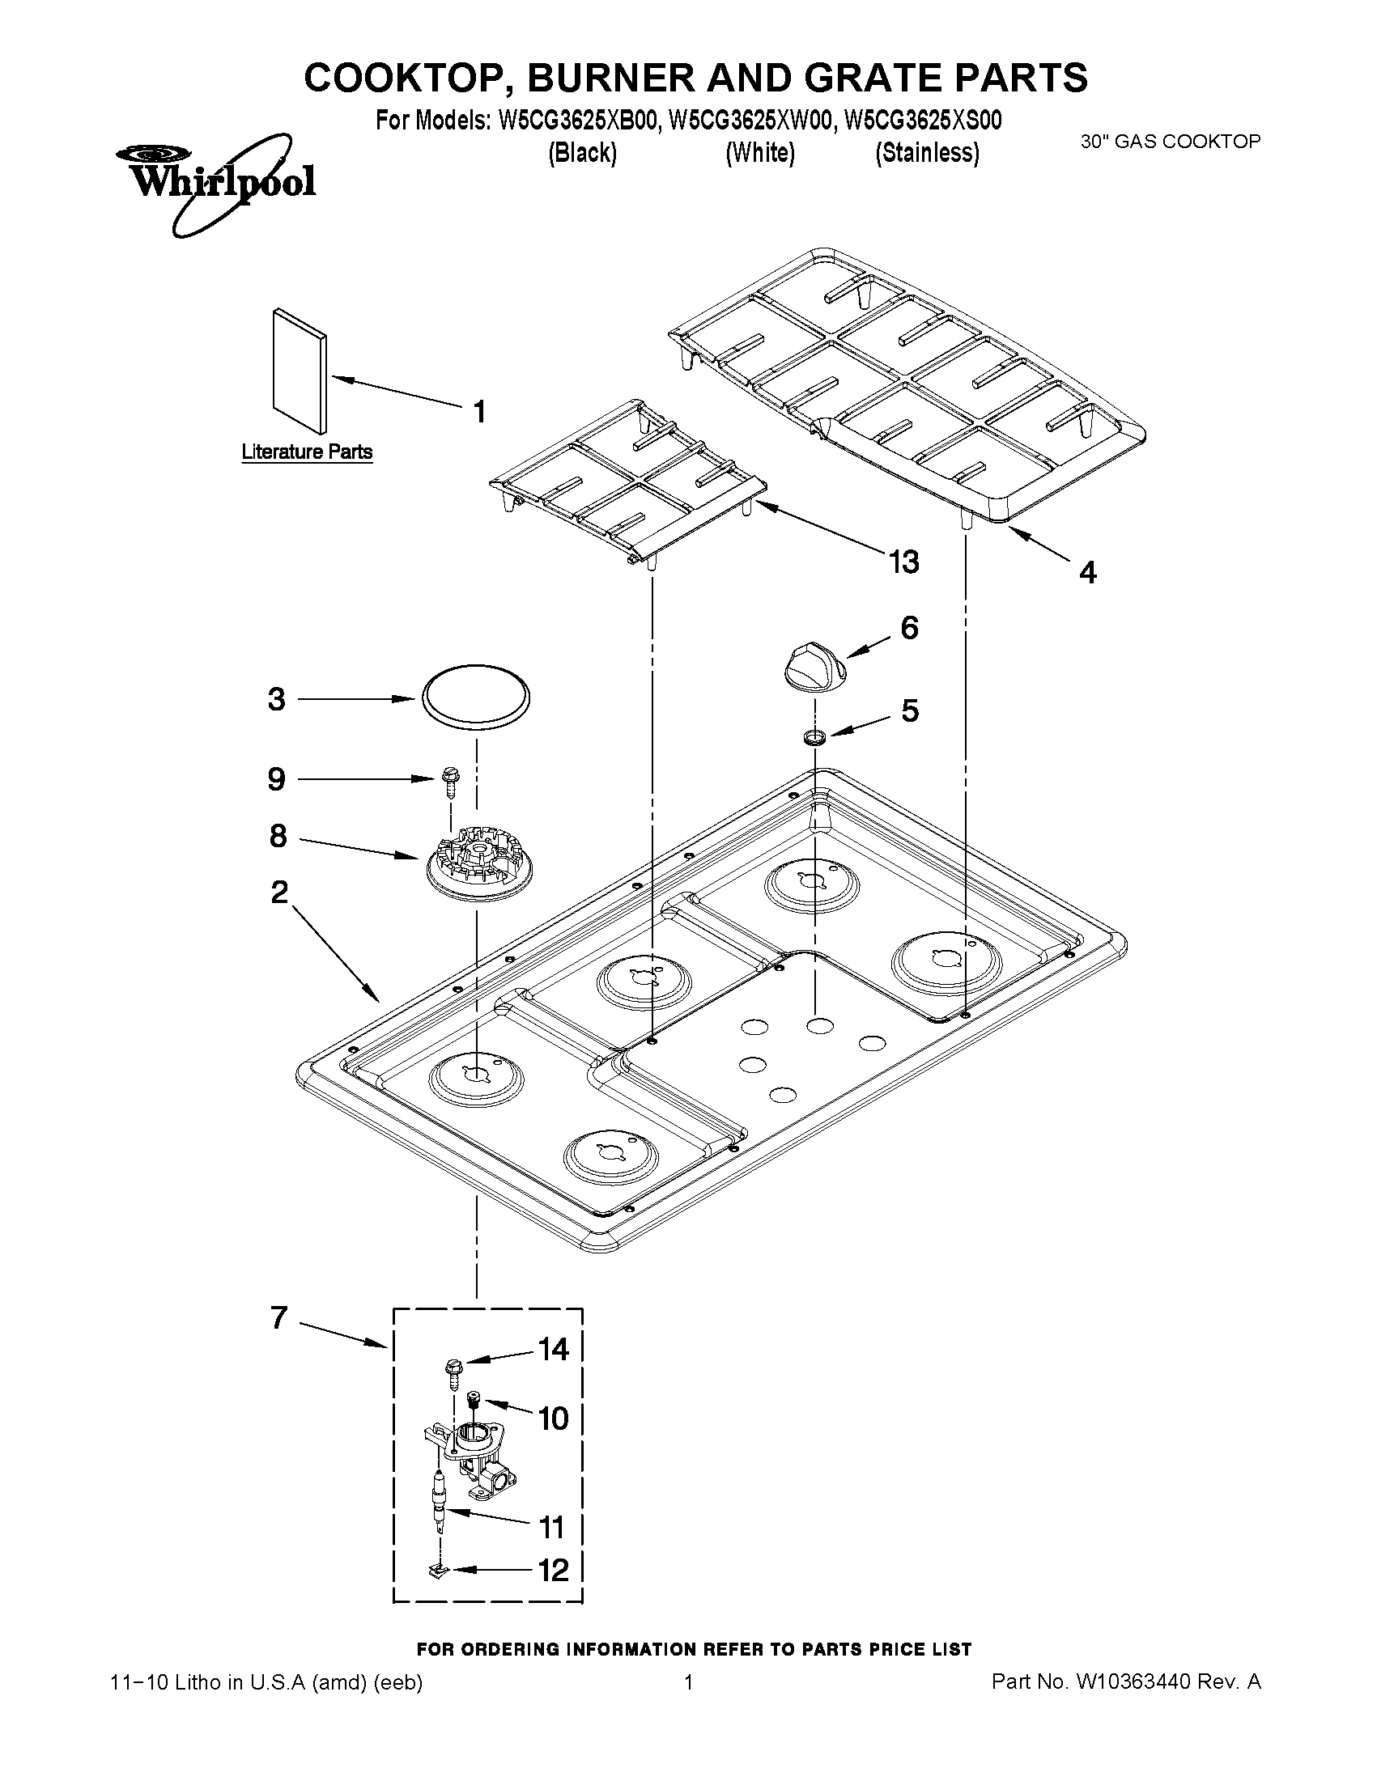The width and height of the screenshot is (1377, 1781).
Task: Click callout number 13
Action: (904, 562)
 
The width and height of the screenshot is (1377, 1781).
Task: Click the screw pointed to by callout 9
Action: (447, 781)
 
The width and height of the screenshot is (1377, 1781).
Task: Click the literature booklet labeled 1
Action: (299, 371)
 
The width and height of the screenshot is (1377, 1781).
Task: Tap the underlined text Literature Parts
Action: (307, 452)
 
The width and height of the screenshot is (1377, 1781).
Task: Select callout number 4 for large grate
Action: (1087, 572)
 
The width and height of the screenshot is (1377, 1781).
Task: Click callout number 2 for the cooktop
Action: (279, 893)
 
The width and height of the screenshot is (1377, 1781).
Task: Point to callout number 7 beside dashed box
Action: (279, 1318)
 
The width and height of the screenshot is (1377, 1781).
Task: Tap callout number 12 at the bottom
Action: (553, 1569)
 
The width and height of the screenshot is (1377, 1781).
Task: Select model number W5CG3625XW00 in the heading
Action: (751, 121)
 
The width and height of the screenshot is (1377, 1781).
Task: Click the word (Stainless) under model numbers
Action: (927, 152)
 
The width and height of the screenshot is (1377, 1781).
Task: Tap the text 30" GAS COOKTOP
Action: (1170, 141)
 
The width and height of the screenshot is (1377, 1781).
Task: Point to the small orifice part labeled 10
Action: (473, 1400)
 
